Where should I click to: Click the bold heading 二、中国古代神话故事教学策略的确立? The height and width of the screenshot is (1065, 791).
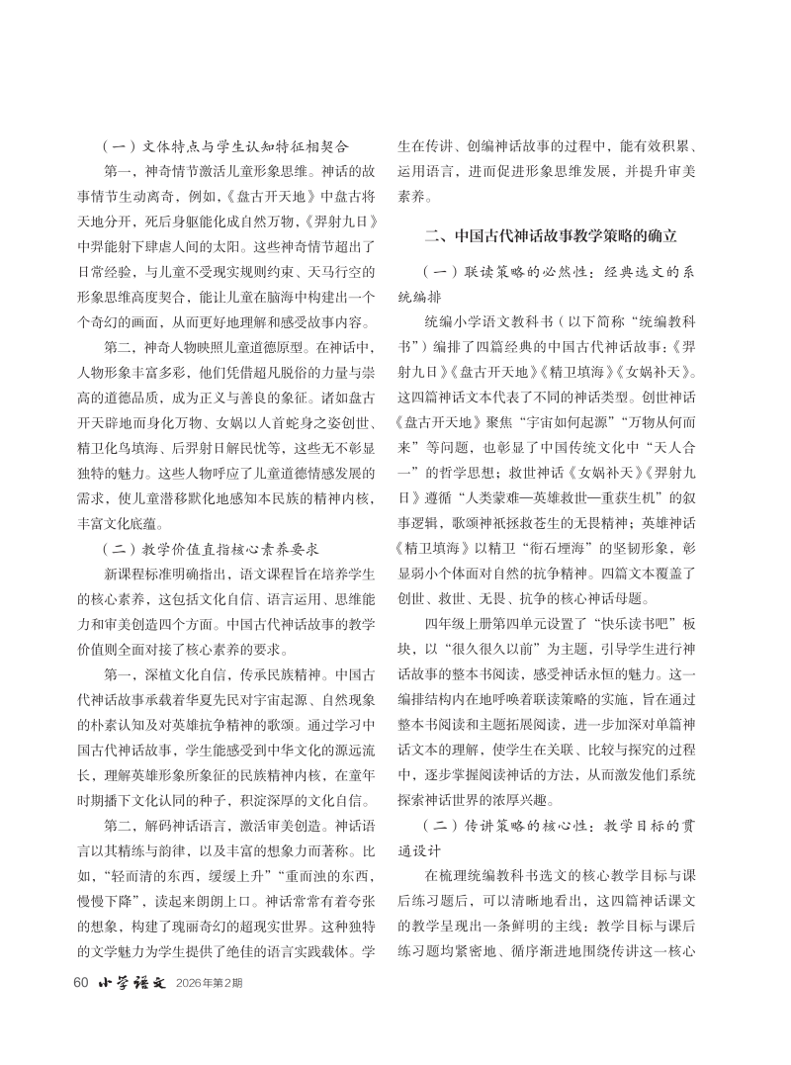tap(551, 236)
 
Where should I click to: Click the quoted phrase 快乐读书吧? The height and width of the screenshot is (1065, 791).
tap(614, 627)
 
